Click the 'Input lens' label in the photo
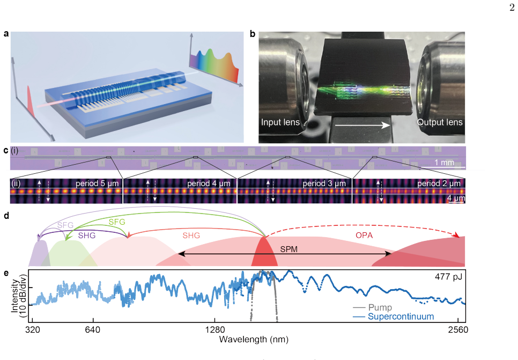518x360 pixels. point(280,122)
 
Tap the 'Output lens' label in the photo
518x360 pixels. point(440,122)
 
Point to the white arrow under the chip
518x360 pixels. point(362,126)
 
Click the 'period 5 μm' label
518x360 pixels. point(97,183)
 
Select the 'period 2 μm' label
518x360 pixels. point(439,183)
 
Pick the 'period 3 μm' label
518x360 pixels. point(324,183)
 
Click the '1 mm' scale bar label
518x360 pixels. point(445,163)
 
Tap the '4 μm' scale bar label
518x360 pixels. point(456,198)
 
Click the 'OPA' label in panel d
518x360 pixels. point(364,236)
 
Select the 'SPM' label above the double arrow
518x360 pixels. point(288,249)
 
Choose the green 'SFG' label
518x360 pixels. point(117,222)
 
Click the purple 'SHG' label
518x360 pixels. point(87,236)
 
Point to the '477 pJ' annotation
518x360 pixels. point(448,276)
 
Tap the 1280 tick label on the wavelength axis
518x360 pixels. point(214,329)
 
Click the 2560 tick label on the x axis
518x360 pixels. point(458,329)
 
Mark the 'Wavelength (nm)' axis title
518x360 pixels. point(254,339)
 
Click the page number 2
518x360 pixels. point(512,8)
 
